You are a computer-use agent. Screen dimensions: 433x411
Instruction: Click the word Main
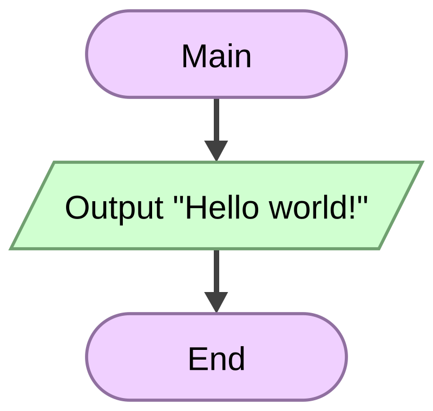[x=216, y=57]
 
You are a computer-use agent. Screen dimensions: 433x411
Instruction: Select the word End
[x=216, y=359]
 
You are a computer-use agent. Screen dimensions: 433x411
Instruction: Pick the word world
[x=308, y=208]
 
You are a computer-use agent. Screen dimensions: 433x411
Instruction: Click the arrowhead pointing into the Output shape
[x=216, y=150]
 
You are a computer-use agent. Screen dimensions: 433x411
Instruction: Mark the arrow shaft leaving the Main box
[x=216, y=120]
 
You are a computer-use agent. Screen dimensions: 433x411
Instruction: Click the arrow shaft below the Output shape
[x=216, y=271]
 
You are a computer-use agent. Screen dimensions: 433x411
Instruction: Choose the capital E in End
[x=198, y=359]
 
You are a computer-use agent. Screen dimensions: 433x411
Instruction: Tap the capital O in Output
[x=76, y=208]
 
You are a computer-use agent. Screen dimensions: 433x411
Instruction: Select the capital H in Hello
[x=195, y=208]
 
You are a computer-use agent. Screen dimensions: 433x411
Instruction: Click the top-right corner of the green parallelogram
[x=423, y=162]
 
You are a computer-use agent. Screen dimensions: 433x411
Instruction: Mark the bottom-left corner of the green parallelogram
[x=10, y=249]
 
